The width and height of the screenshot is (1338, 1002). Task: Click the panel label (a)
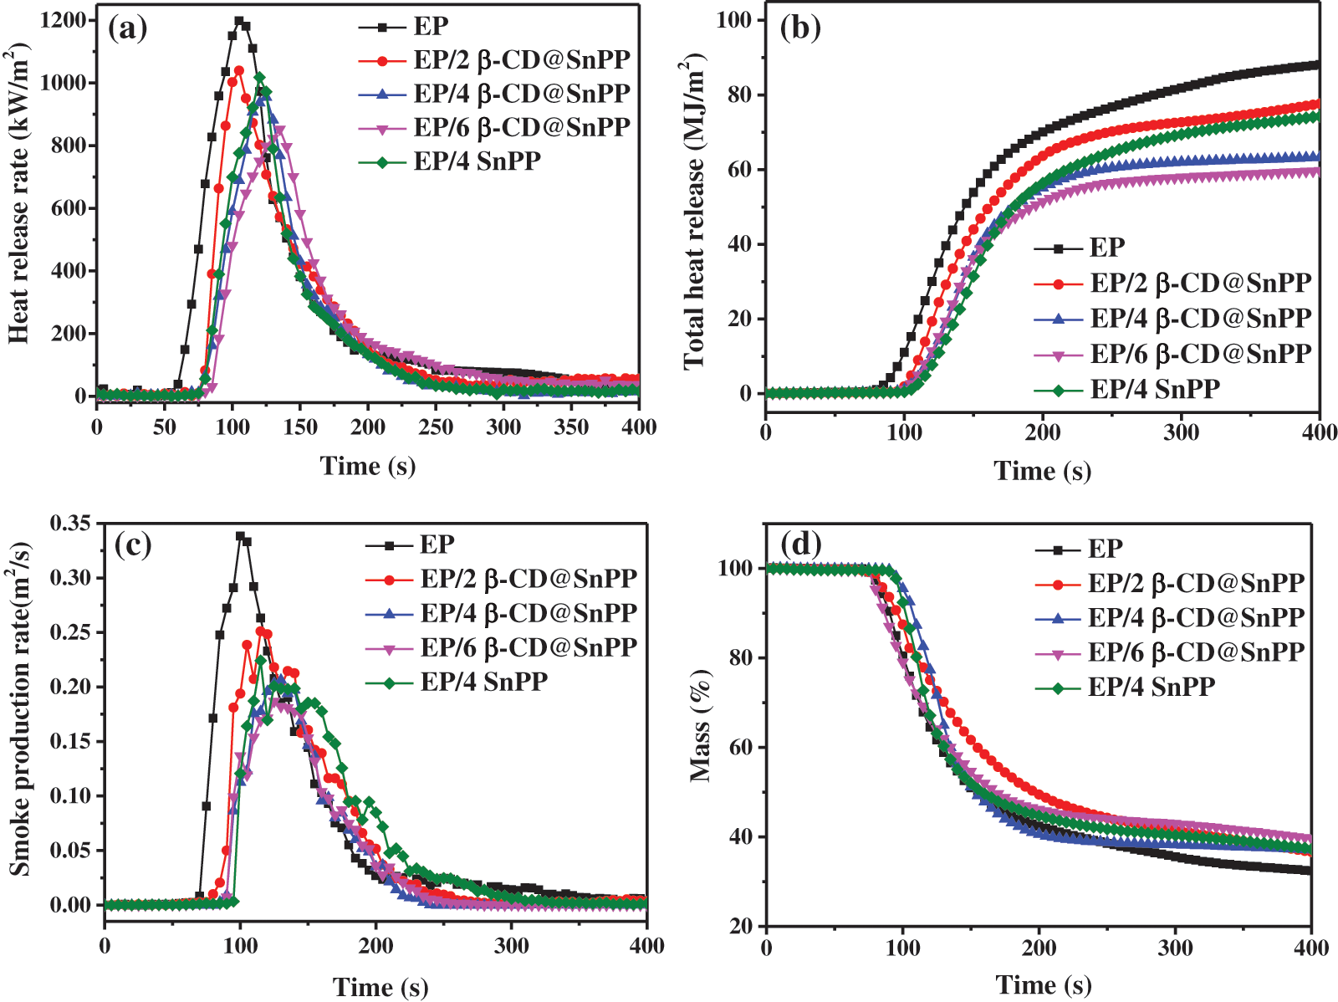(x=128, y=28)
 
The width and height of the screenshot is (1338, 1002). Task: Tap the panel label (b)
(x=800, y=28)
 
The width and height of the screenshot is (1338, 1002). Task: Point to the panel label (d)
(x=800, y=544)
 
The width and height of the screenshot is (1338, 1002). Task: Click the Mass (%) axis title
(x=701, y=726)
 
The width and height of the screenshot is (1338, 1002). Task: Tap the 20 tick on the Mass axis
(x=739, y=926)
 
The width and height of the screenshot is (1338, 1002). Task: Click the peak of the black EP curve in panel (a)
(x=239, y=21)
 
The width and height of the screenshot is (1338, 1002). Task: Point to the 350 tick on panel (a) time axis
(x=571, y=427)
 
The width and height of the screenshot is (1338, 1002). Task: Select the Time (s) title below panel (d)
(x=1043, y=985)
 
